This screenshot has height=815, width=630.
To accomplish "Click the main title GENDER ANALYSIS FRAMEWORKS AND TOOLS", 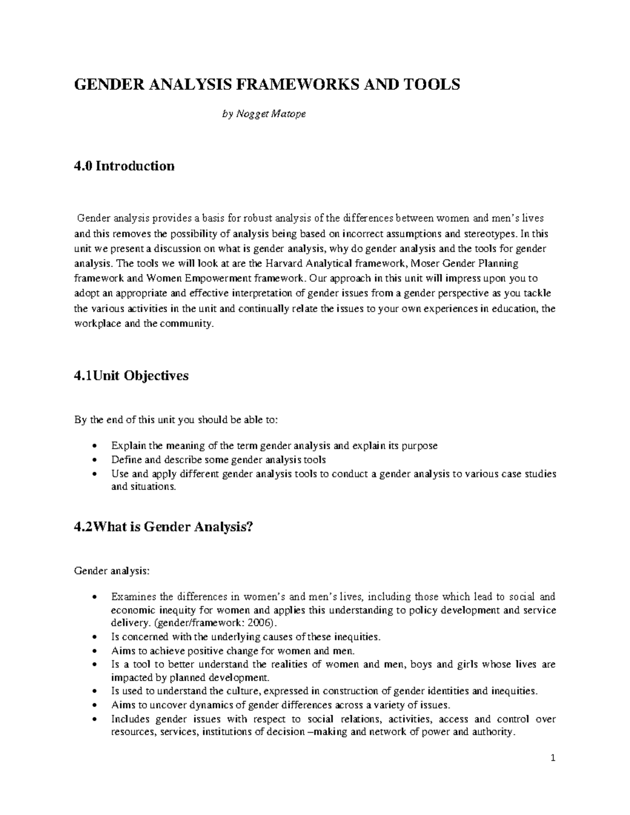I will coord(267,84).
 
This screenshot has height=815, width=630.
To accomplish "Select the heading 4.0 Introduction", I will coord(124,166).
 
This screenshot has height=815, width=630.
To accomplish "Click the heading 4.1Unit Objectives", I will coord(131,376).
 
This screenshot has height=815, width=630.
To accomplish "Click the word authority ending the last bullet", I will coord(491,732).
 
